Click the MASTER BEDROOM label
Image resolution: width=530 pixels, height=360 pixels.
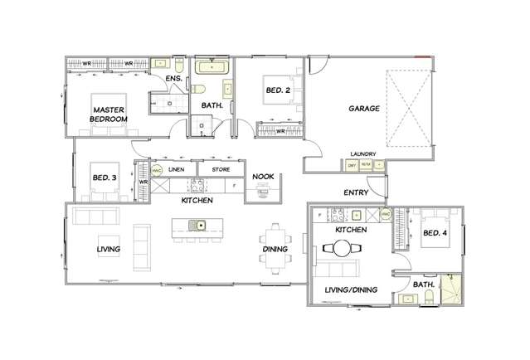pyautogui.click(x=109, y=114)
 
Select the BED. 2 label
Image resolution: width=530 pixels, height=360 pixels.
pyautogui.click(x=278, y=90)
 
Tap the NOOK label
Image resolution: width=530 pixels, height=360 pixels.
pyautogui.click(x=264, y=177)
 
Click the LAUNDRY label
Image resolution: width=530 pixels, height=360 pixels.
pyautogui.click(x=364, y=154)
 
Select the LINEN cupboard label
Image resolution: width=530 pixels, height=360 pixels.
pyautogui.click(x=176, y=169)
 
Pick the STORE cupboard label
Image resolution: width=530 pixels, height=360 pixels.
pyautogui.click(x=220, y=169)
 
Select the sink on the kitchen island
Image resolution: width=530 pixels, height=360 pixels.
pyautogui.click(x=197, y=225)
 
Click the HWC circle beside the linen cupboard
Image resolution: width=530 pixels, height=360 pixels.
pyautogui.click(x=155, y=169)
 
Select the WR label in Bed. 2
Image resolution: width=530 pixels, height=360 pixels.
pyautogui.click(x=281, y=129)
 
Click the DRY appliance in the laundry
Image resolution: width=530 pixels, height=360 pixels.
pyautogui.click(x=352, y=165)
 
